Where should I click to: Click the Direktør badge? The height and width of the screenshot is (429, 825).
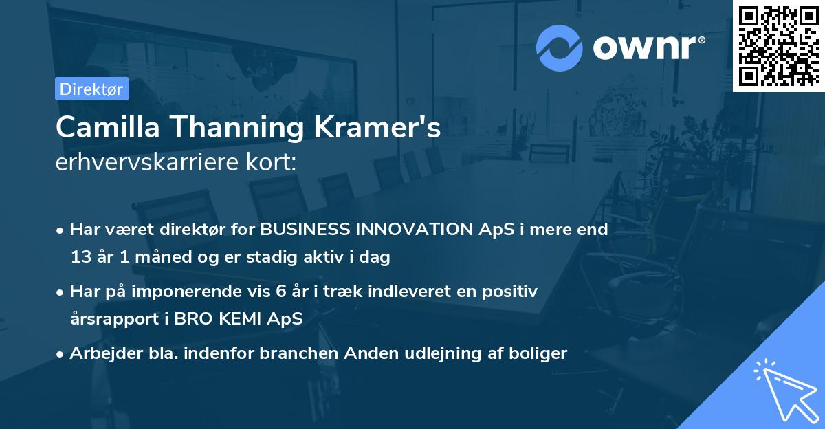tap(91, 89)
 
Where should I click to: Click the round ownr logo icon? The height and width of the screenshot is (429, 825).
tap(560, 47)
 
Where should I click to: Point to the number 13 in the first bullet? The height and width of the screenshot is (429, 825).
tap(80, 258)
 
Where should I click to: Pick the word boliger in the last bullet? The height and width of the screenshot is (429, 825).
tap(538, 353)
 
